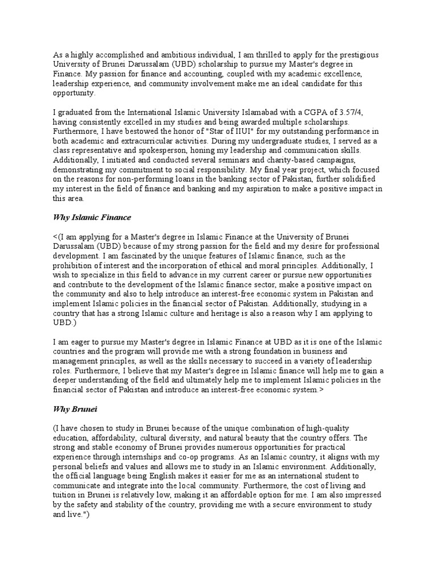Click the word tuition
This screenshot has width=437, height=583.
pos(67,495)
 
